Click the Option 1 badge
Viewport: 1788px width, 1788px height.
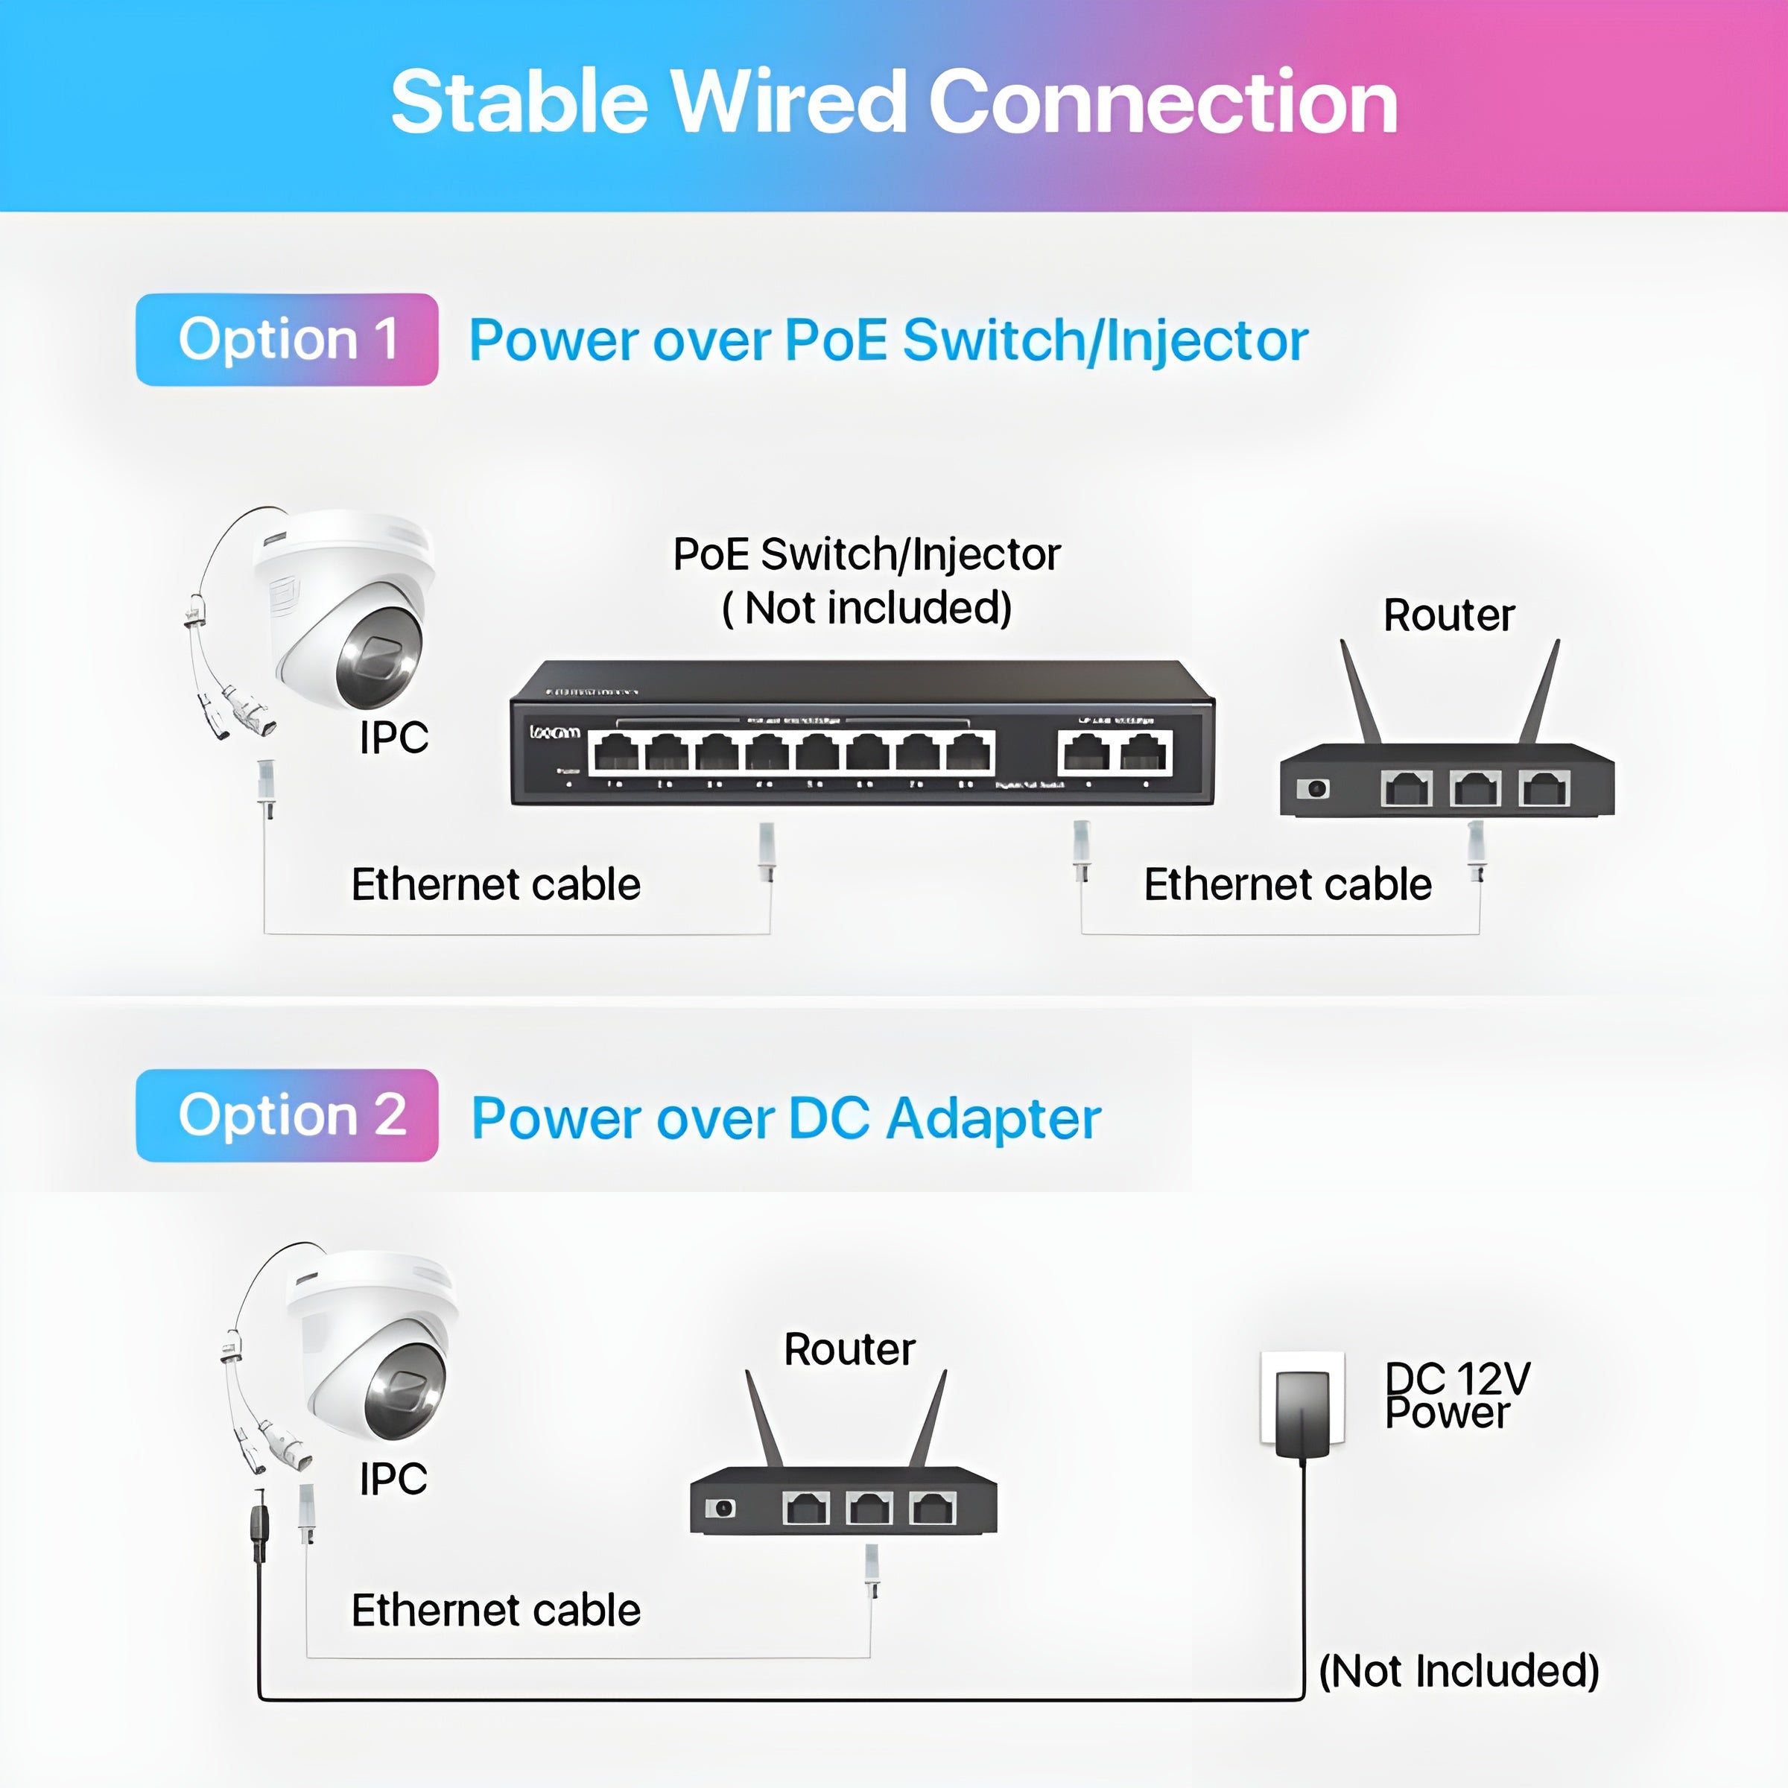click(x=287, y=340)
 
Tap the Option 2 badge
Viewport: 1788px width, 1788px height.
click(x=287, y=1115)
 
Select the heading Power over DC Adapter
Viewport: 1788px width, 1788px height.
click(x=786, y=1118)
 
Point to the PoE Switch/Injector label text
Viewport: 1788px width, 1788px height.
click(x=866, y=555)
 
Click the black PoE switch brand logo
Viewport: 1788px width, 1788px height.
click(x=554, y=732)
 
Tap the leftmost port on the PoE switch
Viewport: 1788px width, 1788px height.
click(x=615, y=752)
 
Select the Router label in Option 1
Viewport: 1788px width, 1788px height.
click(x=1448, y=615)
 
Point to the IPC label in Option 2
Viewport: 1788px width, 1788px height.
click(x=393, y=1479)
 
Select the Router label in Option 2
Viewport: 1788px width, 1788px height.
click(x=849, y=1349)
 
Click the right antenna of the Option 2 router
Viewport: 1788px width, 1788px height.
click(x=929, y=1418)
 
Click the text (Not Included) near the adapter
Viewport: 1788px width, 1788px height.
click(x=1459, y=1670)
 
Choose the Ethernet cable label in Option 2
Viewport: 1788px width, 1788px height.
click(x=496, y=1610)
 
